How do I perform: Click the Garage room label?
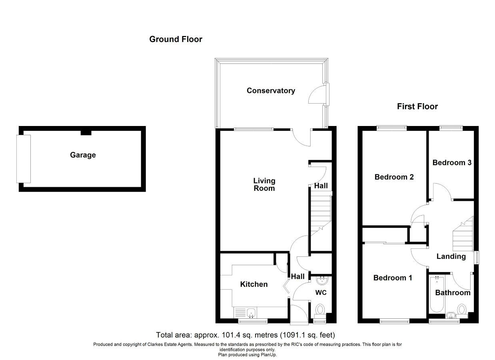point(83,155)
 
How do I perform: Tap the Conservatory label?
point(271,91)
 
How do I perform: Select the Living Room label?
point(264,184)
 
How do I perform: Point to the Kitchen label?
point(254,284)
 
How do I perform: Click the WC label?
point(321,292)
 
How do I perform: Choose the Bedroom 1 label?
point(393,278)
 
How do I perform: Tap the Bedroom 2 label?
point(394,177)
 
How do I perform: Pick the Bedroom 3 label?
point(452,162)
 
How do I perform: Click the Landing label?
point(451,256)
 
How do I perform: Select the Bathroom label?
point(453,292)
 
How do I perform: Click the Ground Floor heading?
point(176,39)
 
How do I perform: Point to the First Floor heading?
point(417,106)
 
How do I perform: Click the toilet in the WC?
point(320,310)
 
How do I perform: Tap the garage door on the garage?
point(24,159)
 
